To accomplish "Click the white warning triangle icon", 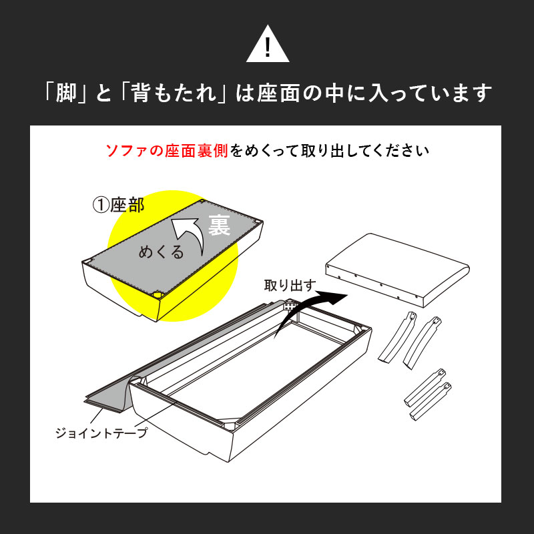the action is [x=268, y=44].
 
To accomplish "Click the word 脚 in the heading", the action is [x=66, y=93].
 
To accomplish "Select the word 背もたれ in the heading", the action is [x=174, y=93].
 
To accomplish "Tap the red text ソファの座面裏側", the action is [x=166, y=151].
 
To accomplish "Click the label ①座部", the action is [x=119, y=206].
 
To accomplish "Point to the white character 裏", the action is [x=219, y=225].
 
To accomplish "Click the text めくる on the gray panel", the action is [x=161, y=252].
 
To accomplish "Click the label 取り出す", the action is [x=290, y=286].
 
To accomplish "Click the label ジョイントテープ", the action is [x=101, y=433].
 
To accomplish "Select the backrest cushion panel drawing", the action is [x=397, y=270].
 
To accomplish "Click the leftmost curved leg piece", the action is [x=397, y=336].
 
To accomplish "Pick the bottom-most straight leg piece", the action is [x=431, y=401].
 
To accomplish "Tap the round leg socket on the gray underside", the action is [x=158, y=294].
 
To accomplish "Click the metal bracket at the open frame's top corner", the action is [x=289, y=305].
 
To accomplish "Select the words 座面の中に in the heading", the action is [x=306, y=93].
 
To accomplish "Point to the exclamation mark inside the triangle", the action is [x=268, y=47].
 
